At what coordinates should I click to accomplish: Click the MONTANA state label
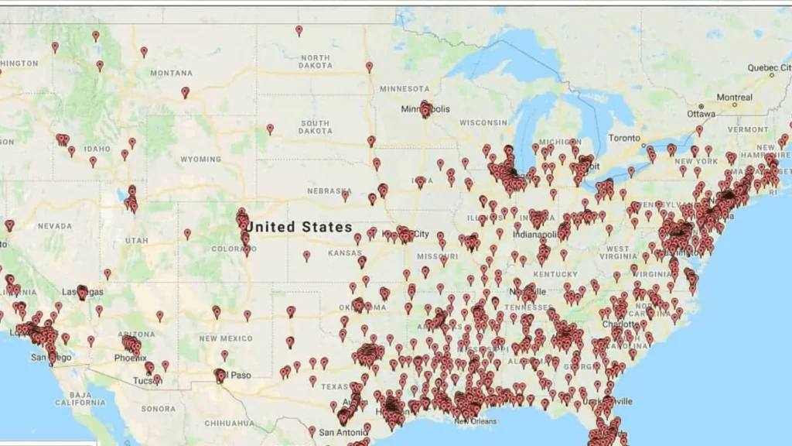171,73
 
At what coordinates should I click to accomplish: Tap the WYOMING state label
200,160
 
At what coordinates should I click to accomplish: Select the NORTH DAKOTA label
315,62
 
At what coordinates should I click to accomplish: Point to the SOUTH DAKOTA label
315,127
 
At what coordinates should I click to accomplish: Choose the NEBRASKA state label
329,190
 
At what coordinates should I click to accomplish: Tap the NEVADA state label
54,226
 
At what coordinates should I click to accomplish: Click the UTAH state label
136,241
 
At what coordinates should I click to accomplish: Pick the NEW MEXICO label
225,338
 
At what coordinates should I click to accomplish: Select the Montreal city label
734,98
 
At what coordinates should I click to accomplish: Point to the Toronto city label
624,137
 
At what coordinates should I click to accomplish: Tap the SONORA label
159,408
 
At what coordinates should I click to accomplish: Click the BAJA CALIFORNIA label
80,398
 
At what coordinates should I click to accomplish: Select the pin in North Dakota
299,30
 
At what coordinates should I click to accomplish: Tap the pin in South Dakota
270,129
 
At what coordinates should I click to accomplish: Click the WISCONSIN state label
483,122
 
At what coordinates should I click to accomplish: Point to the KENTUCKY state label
555,274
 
